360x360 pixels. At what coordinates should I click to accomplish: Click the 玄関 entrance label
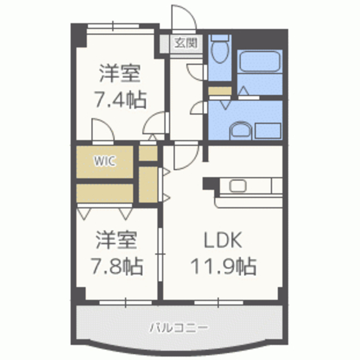point(186,43)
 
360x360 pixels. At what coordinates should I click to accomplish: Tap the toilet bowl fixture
point(220,51)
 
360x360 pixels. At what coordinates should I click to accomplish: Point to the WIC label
point(105,161)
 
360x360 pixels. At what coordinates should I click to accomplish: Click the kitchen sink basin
point(238,186)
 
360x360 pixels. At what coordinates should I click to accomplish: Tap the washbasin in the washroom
point(241,132)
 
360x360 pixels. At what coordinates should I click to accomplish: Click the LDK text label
point(223,240)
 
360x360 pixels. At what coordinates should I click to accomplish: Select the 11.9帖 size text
point(223,266)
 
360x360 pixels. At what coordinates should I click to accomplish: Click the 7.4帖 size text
point(120,100)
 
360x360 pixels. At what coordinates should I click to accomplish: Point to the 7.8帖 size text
point(117,266)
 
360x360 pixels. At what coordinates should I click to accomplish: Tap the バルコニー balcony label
point(179,328)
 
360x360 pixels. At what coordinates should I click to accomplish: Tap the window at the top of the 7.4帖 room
point(113,26)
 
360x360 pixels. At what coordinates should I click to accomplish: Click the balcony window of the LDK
point(219,303)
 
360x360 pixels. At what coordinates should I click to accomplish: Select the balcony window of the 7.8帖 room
point(125,303)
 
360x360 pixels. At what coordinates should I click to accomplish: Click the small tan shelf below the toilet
point(220,91)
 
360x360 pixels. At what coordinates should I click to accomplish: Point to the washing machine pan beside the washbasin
point(268,131)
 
